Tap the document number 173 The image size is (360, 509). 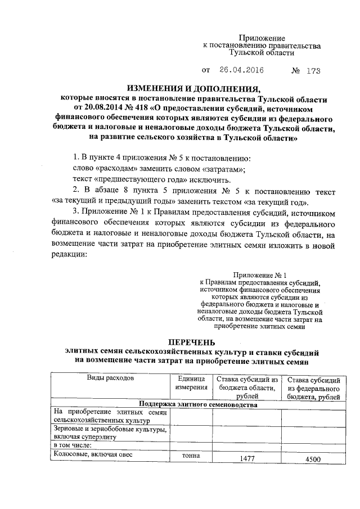click(313, 71)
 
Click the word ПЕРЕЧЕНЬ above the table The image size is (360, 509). click(192, 343)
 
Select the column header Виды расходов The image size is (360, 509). click(110, 379)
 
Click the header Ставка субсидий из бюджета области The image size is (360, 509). click(248, 388)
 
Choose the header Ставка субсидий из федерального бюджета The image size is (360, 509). click(314, 388)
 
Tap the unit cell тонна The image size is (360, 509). click(191, 456)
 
